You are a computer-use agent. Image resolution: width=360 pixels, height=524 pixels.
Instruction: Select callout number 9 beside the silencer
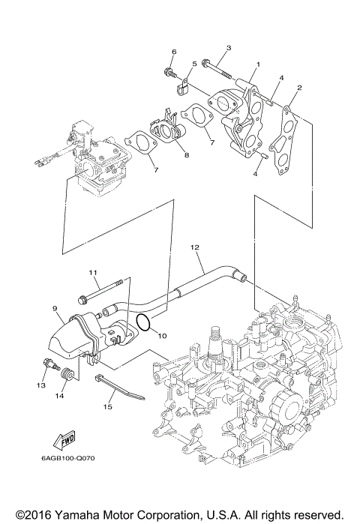[55, 307]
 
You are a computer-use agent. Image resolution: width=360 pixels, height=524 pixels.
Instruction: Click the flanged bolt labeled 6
[169, 73]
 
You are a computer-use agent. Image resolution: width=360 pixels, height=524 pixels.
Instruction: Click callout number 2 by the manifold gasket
[300, 88]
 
